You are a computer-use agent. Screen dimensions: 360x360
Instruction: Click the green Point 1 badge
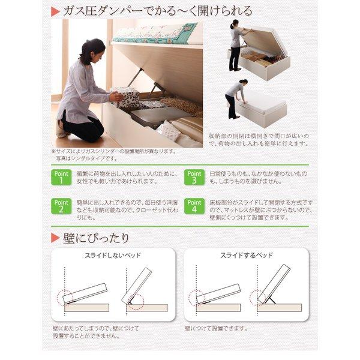click(x=61, y=176)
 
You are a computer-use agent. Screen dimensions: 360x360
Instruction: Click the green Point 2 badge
click(x=61, y=206)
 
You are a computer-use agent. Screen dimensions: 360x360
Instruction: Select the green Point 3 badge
click(x=194, y=176)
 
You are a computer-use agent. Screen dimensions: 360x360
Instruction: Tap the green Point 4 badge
click(x=194, y=206)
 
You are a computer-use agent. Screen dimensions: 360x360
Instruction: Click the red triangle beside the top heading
click(x=55, y=11)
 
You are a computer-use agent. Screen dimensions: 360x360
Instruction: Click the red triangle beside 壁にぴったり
click(x=55, y=237)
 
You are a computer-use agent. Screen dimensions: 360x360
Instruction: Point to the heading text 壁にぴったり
click(x=97, y=238)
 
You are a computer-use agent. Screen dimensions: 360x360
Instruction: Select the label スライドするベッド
click(x=245, y=256)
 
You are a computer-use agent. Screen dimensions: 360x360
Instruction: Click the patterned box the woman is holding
click(x=126, y=97)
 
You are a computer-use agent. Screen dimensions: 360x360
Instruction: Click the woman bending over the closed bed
click(x=233, y=95)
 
